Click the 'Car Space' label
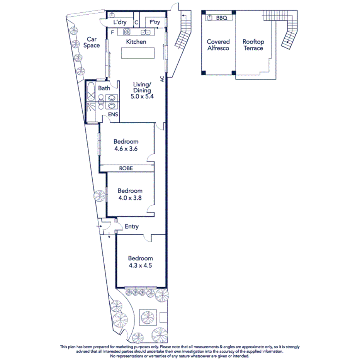click(x=91, y=42)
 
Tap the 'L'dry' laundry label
click(x=120, y=23)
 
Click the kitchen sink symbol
click(x=146, y=32)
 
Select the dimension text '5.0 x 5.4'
click(x=142, y=97)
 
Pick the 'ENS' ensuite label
click(x=113, y=114)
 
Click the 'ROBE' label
click(x=126, y=168)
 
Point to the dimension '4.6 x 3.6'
click(x=126, y=149)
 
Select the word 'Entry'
click(x=131, y=227)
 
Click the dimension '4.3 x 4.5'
click(x=140, y=265)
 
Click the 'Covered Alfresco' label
click(x=218, y=45)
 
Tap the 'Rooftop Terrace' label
click(x=253, y=45)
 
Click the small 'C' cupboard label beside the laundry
click(x=137, y=23)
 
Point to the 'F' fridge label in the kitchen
click(x=112, y=32)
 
